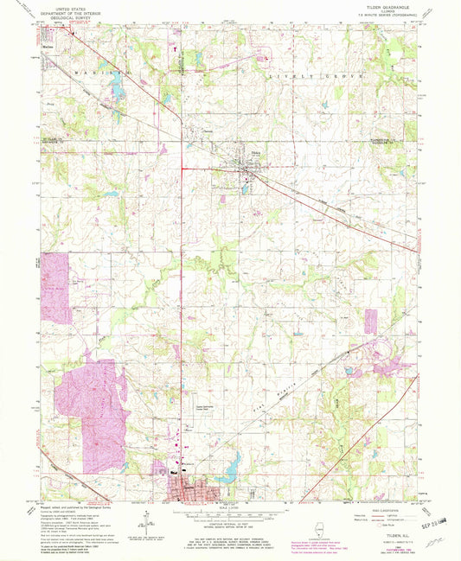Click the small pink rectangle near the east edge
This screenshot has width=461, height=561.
tap(372, 319)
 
